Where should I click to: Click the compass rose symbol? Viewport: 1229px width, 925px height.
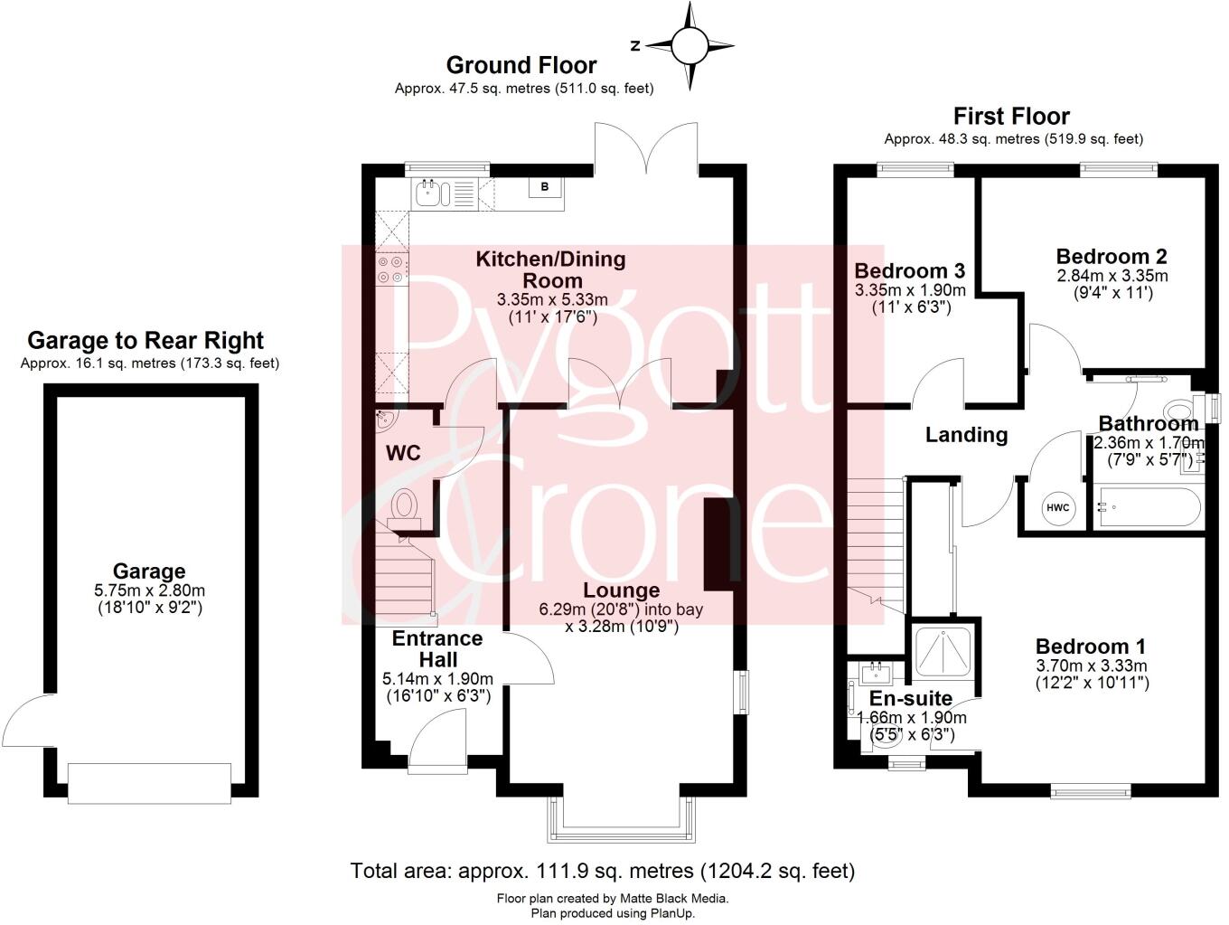(690, 45)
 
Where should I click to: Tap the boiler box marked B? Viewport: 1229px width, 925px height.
(544, 187)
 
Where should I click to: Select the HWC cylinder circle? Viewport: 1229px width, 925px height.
(1057, 507)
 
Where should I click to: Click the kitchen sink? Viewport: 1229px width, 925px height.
(427, 191)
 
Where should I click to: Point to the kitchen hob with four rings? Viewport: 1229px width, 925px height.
(391, 269)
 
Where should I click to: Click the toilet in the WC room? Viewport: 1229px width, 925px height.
(403, 505)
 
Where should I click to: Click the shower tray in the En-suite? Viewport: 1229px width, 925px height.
(943, 648)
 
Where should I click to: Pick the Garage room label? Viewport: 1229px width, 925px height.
(149, 571)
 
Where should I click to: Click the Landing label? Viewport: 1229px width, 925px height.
(966, 435)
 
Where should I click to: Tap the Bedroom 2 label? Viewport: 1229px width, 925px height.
(1112, 256)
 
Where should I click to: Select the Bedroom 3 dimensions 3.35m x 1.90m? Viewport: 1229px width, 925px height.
(910, 290)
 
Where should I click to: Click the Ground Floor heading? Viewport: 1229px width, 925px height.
(521, 65)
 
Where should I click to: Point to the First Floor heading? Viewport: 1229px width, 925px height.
(1011, 116)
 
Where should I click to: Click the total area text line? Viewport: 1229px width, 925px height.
(602, 871)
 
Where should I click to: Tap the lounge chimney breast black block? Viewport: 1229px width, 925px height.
(717, 544)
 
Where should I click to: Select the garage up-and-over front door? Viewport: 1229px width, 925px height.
(149, 782)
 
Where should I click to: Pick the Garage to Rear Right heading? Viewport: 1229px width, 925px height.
(145, 340)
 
